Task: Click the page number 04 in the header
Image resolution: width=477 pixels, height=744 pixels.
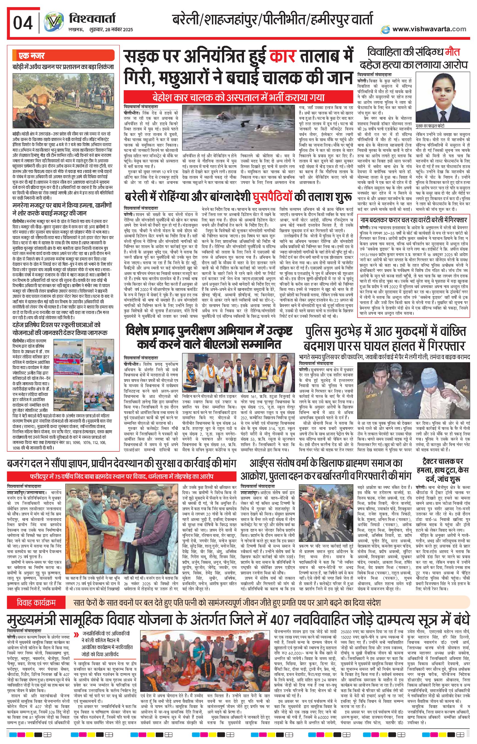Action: click(22, 23)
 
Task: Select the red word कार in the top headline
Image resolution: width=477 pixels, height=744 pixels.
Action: click(283, 57)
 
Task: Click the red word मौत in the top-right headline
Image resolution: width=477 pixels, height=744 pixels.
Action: click(452, 52)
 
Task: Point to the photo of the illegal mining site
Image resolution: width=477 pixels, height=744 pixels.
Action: click(64, 100)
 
